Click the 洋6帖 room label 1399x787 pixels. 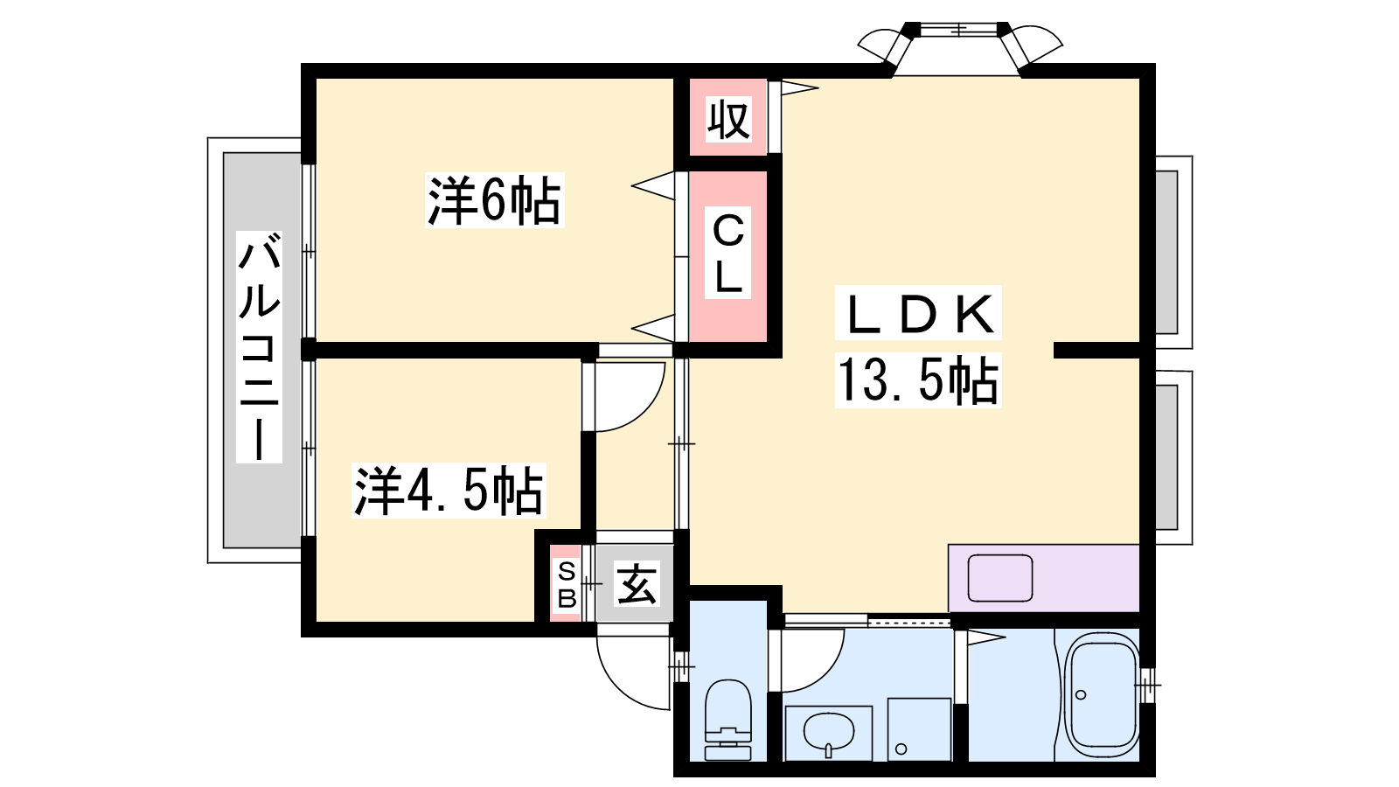(494, 200)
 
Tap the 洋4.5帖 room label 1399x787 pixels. (449, 491)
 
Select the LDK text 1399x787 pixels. (918, 314)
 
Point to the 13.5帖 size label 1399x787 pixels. (917, 380)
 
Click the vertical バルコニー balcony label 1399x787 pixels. (259, 346)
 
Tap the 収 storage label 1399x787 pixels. (728, 119)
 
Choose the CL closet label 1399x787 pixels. (728, 254)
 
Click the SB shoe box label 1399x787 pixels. (567, 585)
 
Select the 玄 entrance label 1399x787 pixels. (637, 585)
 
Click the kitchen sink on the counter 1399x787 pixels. (999, 578)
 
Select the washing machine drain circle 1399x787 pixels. (901, 749)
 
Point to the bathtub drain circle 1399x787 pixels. (1081, 694)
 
